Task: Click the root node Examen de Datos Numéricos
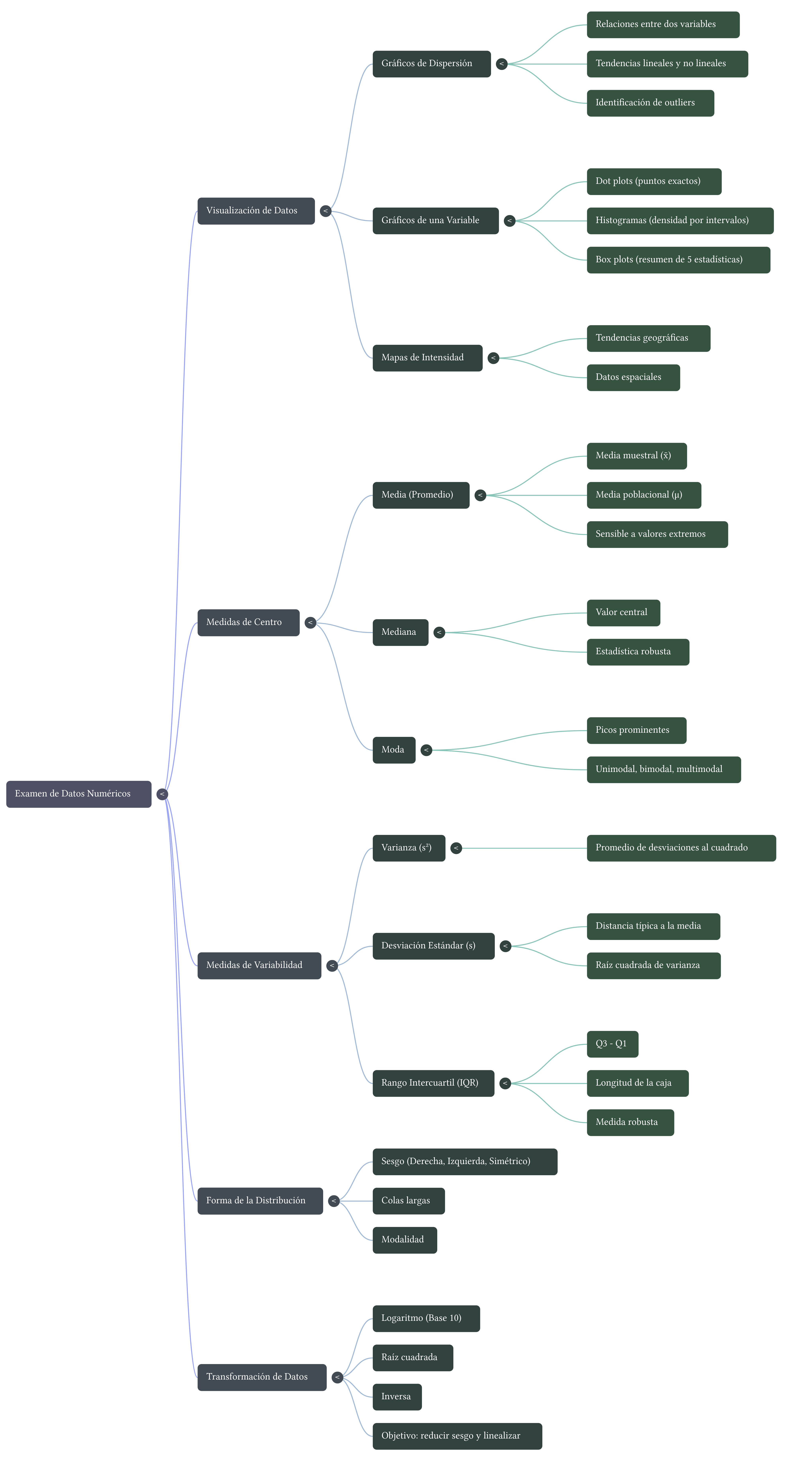click(78, 793)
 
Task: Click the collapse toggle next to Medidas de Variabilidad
click(332, 965)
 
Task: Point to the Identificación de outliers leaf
click(650, 103)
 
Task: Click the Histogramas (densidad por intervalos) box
click(679, 221)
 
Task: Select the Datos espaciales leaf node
click(633, 377)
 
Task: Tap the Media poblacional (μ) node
click(644, 495)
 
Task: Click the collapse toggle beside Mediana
click(439, 632)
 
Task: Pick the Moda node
click(394, 750)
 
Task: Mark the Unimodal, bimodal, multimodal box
click(663, 770)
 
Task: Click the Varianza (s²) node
click(408, 848)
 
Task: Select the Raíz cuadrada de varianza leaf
click(653, 965)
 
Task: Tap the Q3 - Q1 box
click(612, 1044)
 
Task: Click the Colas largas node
click(408, 1201)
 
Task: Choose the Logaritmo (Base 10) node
click(426, 1318)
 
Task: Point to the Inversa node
click(397, 1396)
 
